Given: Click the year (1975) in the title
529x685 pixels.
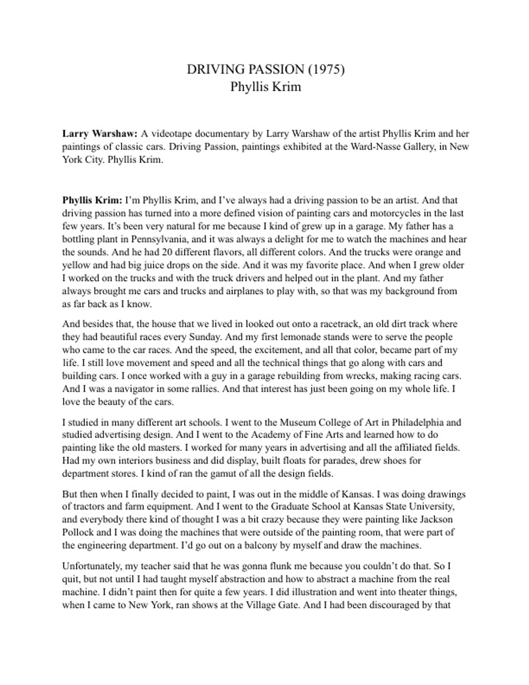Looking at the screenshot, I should coord(326,70).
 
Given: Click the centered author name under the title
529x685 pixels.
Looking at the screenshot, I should coord(265,86).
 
